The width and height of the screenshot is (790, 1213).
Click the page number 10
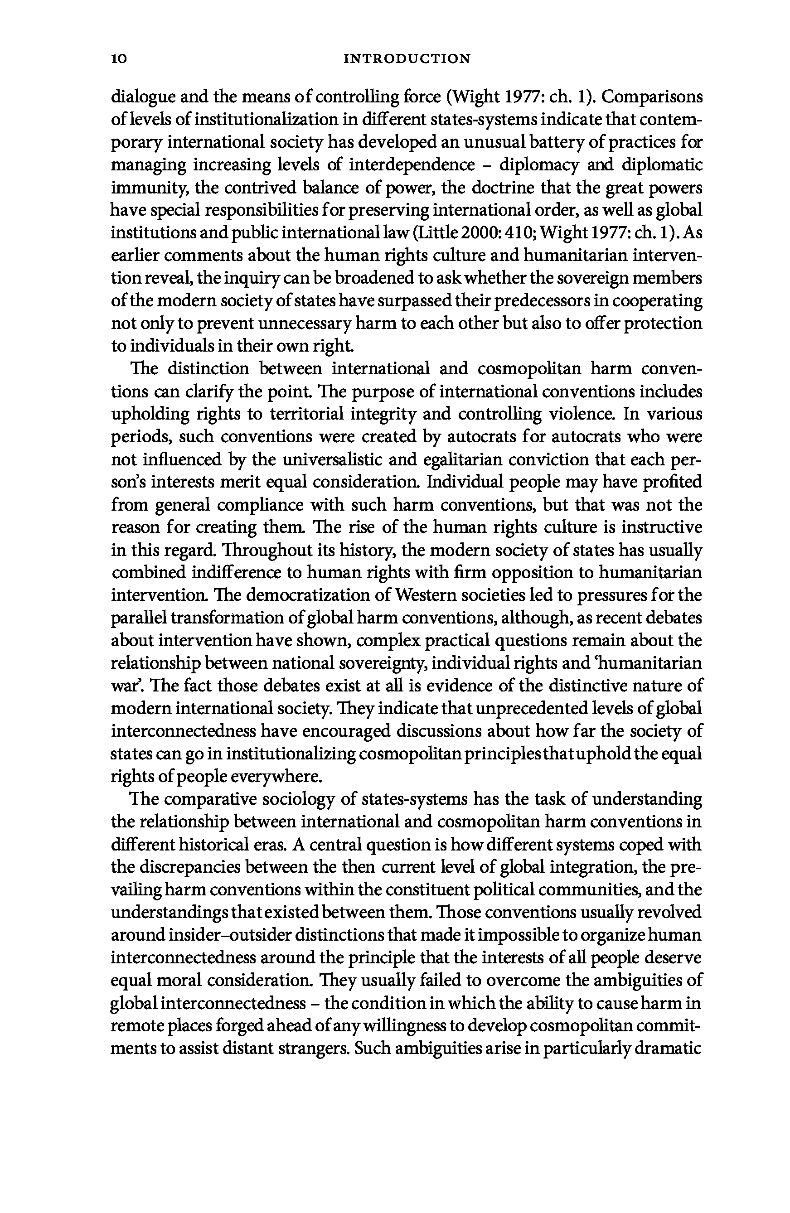(x=118, y=59)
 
